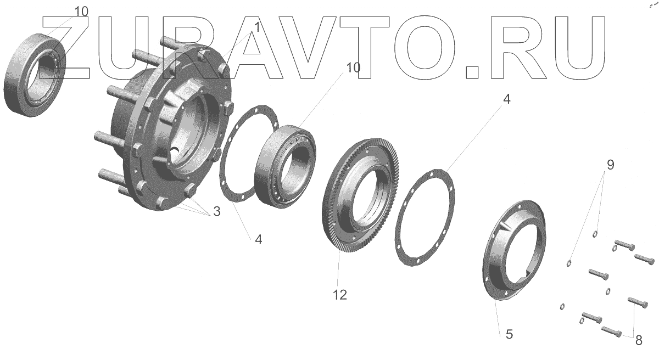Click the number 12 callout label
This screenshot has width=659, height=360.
340,295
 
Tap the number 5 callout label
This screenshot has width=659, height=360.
509,334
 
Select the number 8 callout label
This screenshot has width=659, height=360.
639,340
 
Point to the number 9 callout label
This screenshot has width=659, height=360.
611,165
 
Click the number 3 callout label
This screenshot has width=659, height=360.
217,211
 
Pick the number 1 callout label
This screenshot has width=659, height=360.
257,27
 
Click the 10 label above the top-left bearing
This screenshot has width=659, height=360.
81,12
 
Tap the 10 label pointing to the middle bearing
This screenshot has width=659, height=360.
353,68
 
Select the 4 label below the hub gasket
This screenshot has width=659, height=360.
258,239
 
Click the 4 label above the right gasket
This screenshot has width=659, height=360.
506,99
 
